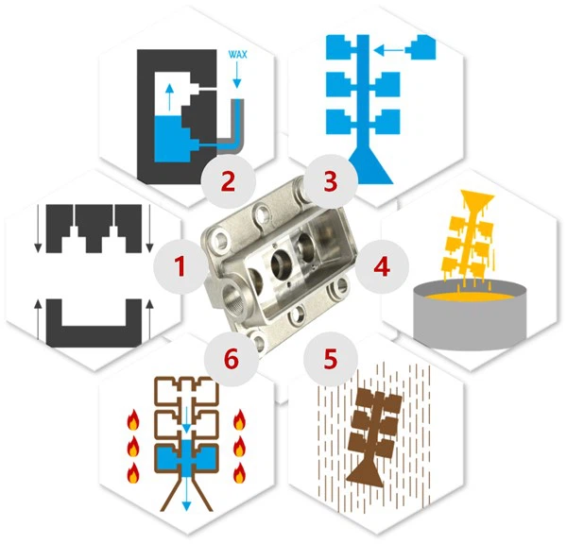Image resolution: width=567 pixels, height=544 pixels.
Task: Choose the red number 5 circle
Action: click(x=329, y=359)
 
